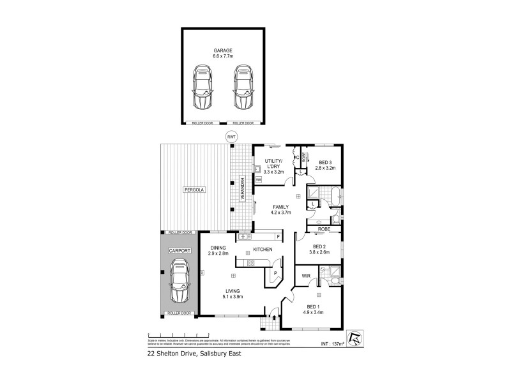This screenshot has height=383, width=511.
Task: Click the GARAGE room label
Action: [223, 51]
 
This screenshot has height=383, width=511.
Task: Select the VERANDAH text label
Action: [243, 189]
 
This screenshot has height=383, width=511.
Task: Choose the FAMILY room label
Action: [281, 207]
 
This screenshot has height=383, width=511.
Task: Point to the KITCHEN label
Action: [263, 249]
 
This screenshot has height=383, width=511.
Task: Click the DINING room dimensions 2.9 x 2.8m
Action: [218, 254]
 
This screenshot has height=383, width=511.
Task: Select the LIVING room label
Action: [233, 291]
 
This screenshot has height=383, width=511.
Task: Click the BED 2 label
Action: [319, 246]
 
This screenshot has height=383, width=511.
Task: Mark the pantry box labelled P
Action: [275, 272]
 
